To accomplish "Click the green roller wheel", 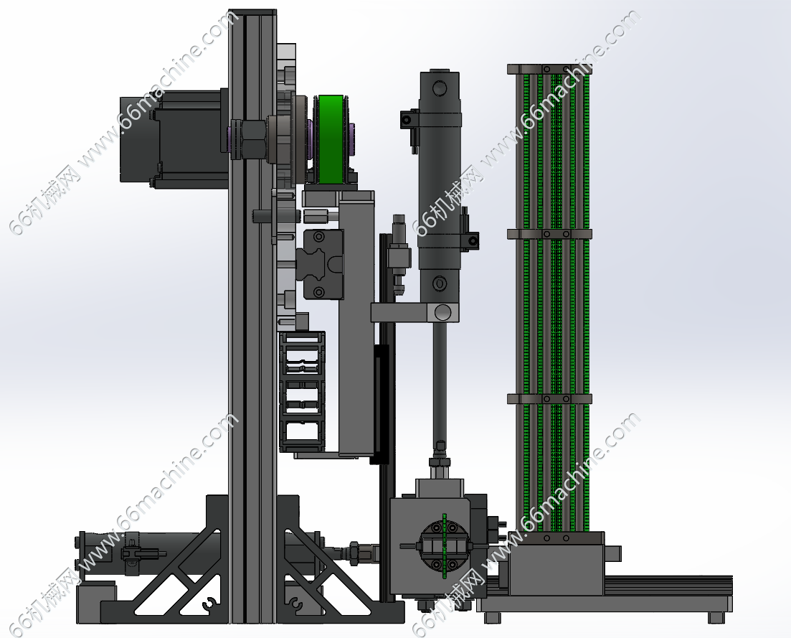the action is click(x=331, y=139).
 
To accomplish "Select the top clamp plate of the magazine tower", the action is click(x=549, y=69).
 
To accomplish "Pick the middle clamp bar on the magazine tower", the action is click(x=549, y=234).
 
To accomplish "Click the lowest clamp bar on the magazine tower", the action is click(x=549, y=399).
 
